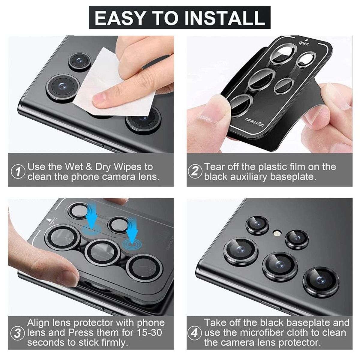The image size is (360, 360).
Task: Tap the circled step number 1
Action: [x=18, y=171]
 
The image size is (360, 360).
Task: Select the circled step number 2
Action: [x=195, y=171]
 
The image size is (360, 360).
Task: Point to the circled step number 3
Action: [x=18, y=333]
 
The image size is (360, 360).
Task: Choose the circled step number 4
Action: [x=194, y=333]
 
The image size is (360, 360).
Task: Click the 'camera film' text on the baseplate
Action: [x=254, y=121]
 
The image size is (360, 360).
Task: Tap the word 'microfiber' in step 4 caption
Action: [x=261, y=333]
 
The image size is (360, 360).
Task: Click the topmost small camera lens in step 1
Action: [x=79, y=61]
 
